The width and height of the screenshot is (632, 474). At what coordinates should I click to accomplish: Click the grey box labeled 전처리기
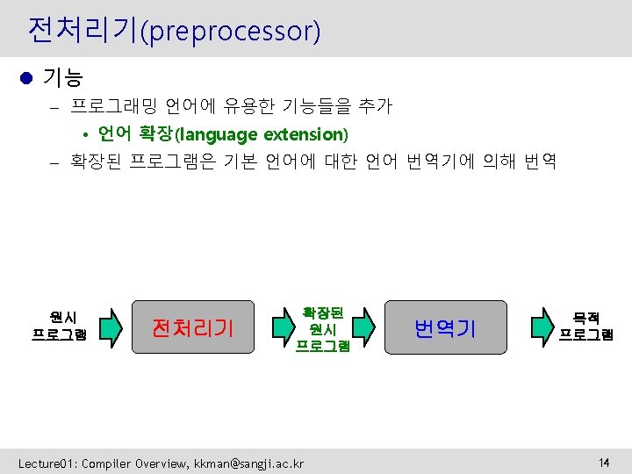(192, 327)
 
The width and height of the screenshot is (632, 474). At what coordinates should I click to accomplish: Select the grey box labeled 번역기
(445, 327)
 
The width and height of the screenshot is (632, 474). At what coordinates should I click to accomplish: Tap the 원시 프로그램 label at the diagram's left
(60, 326)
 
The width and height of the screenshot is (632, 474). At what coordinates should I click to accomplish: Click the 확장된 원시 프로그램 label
(322, 328)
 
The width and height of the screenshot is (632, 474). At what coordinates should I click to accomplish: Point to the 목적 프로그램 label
(586, 326)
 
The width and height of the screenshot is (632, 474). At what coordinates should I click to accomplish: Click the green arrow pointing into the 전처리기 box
(110, 327)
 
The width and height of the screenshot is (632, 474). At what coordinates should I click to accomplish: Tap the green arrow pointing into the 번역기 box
(372, 327)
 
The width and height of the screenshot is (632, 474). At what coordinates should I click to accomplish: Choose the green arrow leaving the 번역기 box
(539, 327)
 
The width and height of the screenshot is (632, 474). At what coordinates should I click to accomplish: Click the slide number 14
(604, 462)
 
